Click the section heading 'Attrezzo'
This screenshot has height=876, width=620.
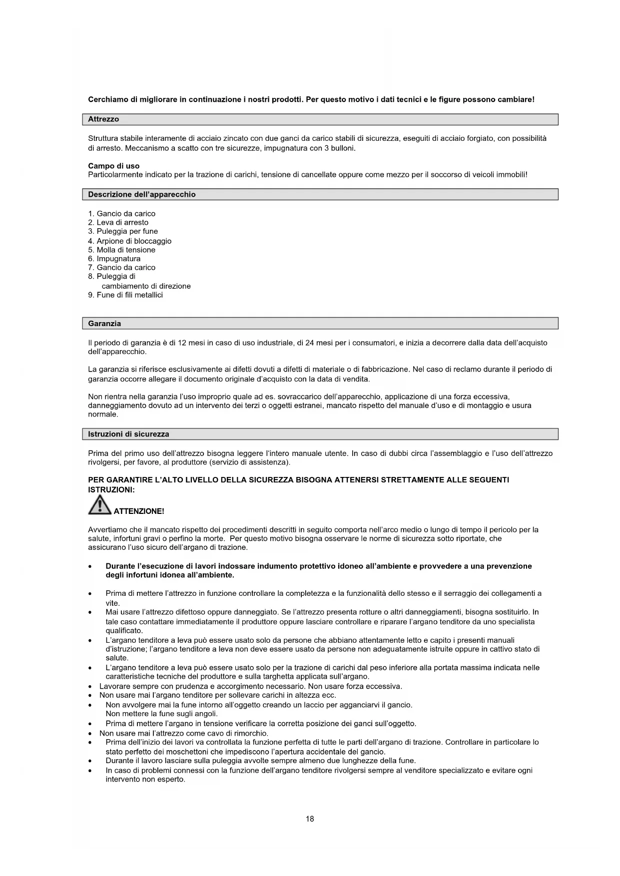[x=103, y=119]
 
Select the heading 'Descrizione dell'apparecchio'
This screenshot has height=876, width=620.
[x=142, y=195]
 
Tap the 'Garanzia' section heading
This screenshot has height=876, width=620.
[x=104, y=324]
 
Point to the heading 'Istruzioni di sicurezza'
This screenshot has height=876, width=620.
[x=128, y=435]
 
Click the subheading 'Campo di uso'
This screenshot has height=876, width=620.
[x=114, y=166]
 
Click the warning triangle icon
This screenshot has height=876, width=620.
[x=99, y=505]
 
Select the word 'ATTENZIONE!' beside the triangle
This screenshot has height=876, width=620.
[x=139, y=511]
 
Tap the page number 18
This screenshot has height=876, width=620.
[x=310, y=819]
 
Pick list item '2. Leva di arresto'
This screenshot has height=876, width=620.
[x=118, y=223]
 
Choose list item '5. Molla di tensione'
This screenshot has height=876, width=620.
[x=122, y=250]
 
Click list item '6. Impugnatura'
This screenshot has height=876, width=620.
[x=114, y=259]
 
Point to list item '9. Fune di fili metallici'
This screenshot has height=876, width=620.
[x=125, y=295]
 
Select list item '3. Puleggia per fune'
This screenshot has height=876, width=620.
[x=123, y=232]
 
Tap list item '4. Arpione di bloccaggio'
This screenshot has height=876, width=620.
[x=130, y=241]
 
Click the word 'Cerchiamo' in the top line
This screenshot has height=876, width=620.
[x=108, y=99]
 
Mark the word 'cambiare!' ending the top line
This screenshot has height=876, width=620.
[x=516, y=99]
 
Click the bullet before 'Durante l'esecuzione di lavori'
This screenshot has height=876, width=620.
[x=89, y=567]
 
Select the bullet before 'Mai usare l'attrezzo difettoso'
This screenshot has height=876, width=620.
[x=89, y=613]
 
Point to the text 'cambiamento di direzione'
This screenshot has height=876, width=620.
[x=146, y=286]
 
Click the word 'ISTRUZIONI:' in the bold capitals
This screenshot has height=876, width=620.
[x=111, y=490]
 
